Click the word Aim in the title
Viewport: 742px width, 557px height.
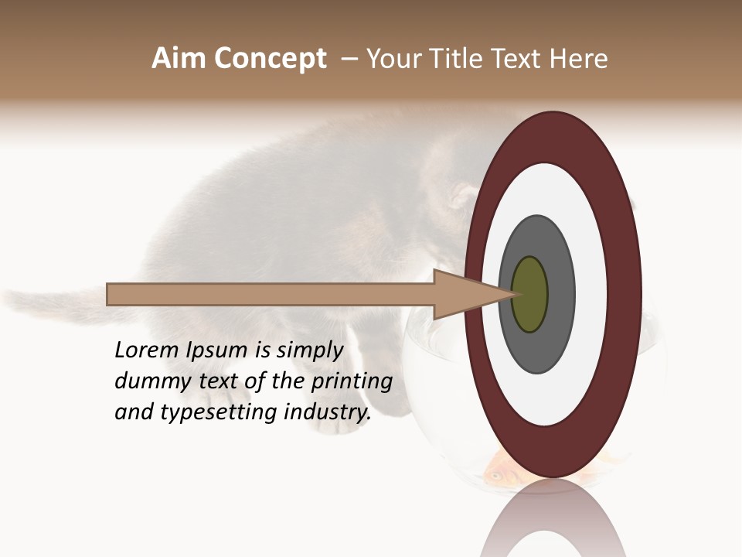point(179,59)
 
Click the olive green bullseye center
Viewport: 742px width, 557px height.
point(530,294)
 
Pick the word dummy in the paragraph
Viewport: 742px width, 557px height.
point(146,381)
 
